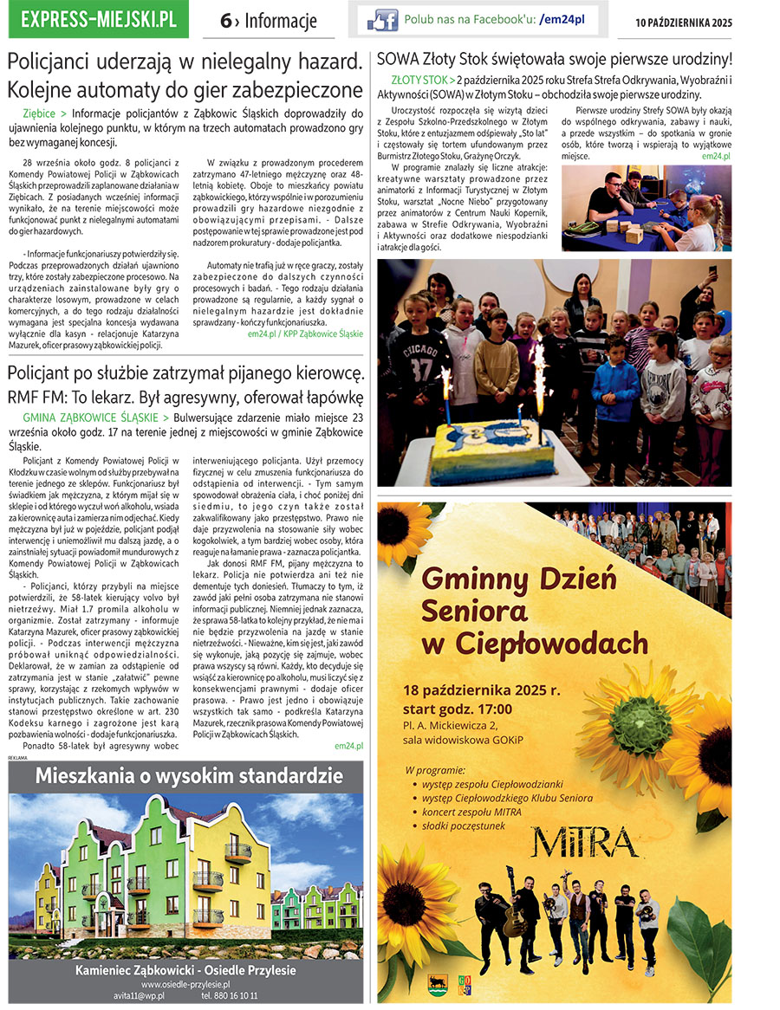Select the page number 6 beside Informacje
click(x=226, y=22)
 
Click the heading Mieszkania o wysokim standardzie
click(x=185, y=773)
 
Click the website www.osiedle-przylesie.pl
click(x=185, y=985)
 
